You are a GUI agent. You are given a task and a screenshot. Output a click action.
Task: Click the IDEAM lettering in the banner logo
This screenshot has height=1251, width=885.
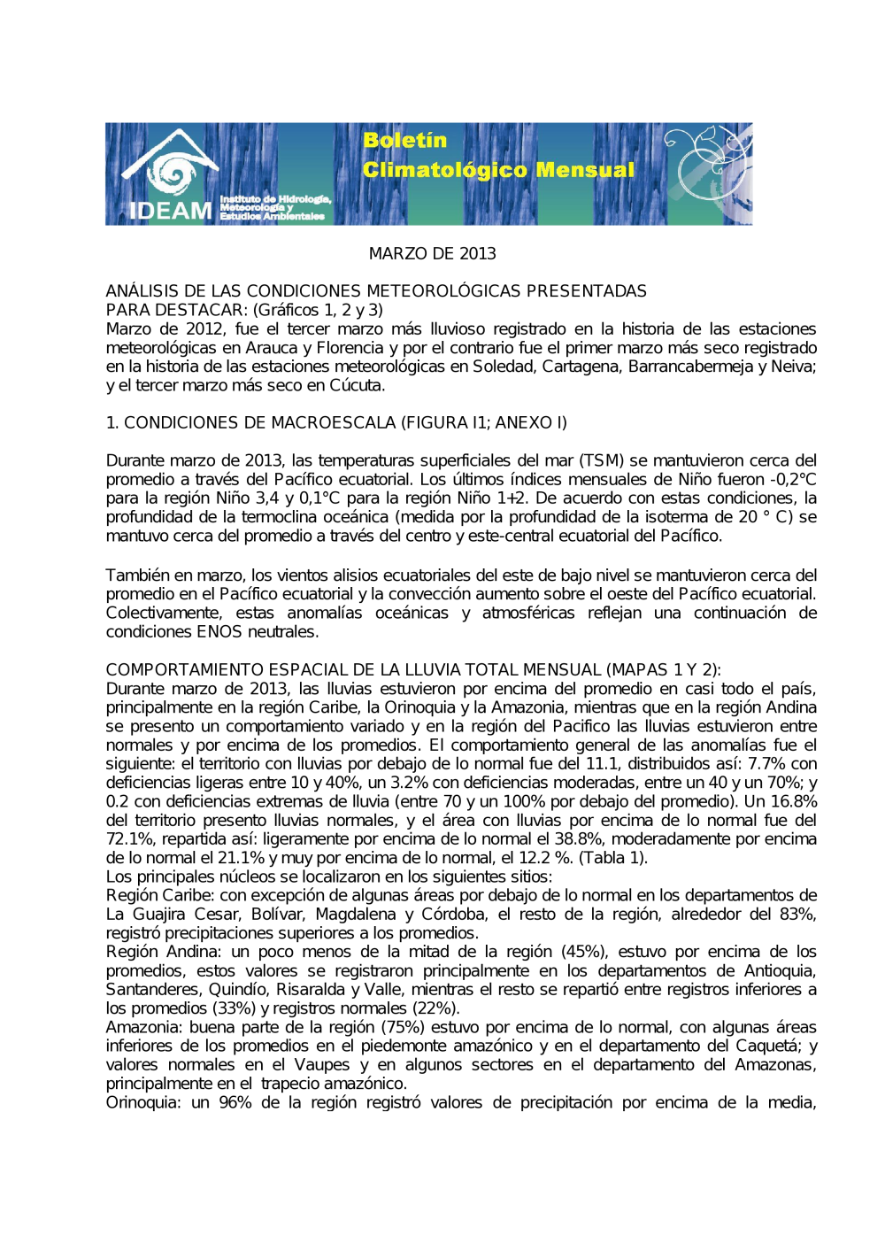[171, 211]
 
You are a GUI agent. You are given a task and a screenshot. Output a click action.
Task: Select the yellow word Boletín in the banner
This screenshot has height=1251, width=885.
[404, 140]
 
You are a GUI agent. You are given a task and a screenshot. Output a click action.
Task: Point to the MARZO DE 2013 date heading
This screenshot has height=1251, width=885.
[432, 254]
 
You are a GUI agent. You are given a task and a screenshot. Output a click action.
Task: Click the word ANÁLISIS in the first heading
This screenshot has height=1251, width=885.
[141, 291]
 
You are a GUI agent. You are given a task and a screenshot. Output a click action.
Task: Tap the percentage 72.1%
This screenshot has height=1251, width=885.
[127, 839]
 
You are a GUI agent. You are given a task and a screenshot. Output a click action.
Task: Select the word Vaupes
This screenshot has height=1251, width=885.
[322, 1065]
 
